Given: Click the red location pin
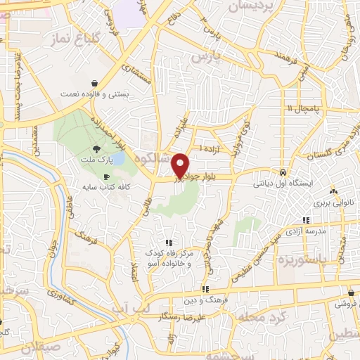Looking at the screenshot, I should tap(180, 165).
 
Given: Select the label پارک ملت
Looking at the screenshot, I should tap(96, 161).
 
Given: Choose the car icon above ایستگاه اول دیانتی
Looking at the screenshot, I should tap(282, 172).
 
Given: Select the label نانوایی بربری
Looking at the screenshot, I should tap(332, 202).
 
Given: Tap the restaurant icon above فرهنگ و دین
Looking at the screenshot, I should tap(205, 289).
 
